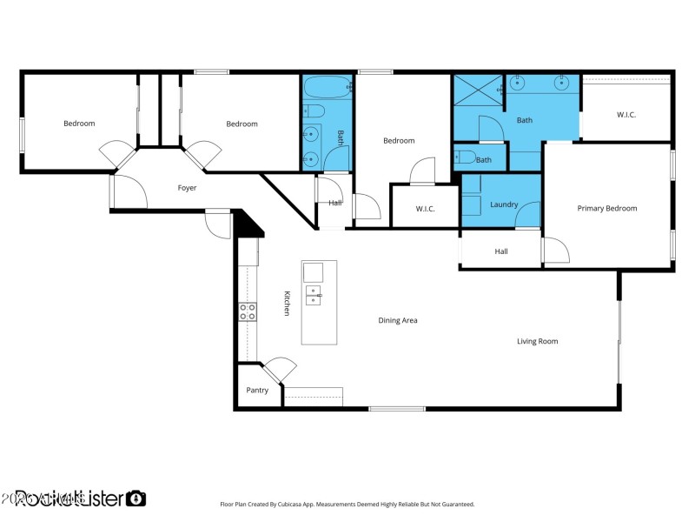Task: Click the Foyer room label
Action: pos(187,188)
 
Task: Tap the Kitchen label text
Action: pos(285,303)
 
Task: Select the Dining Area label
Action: pos(398,321)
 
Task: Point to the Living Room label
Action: pos(537,342)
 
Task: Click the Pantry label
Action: pos(257,391)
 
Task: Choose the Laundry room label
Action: pos(504,205)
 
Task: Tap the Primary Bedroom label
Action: pos(607,209)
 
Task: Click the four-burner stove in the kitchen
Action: pos(248,311)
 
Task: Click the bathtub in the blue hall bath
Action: pos(327,88)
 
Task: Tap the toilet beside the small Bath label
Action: pos(464,157)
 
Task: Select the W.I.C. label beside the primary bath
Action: pos(626,115)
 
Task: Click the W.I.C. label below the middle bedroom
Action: pos(425,209)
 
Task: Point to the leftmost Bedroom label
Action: pos(79,124)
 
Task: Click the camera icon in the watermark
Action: pos(136,499)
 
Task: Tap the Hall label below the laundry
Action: pos(501,251)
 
